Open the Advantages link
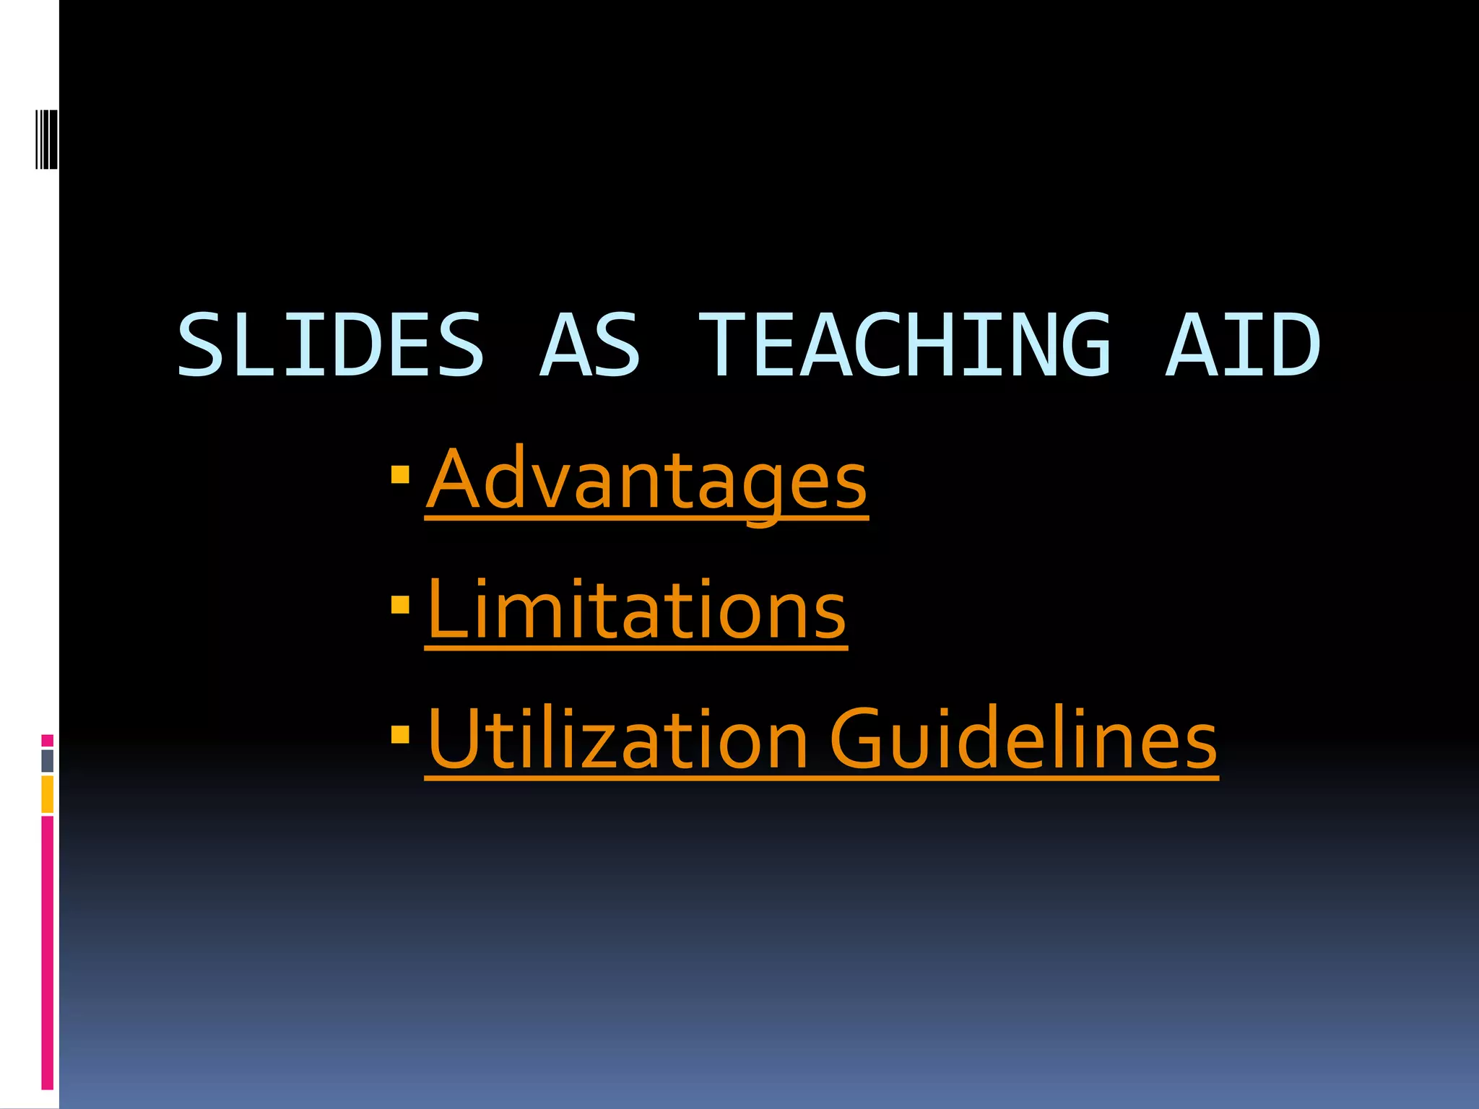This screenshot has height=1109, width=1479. point(647,480)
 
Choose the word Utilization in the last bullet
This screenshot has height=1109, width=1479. point(617,740)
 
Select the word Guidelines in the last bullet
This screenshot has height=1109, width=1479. point(1023,740)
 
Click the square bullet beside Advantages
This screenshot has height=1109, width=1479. point(400,474)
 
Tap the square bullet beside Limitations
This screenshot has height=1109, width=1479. point(400,604)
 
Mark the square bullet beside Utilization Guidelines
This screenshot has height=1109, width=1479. point(400,734)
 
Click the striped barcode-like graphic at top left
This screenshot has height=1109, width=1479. point(46,139)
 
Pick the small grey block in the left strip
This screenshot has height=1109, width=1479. point(48,761)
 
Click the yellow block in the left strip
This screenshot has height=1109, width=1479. point(48,794)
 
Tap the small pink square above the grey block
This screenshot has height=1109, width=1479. point(48,740)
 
